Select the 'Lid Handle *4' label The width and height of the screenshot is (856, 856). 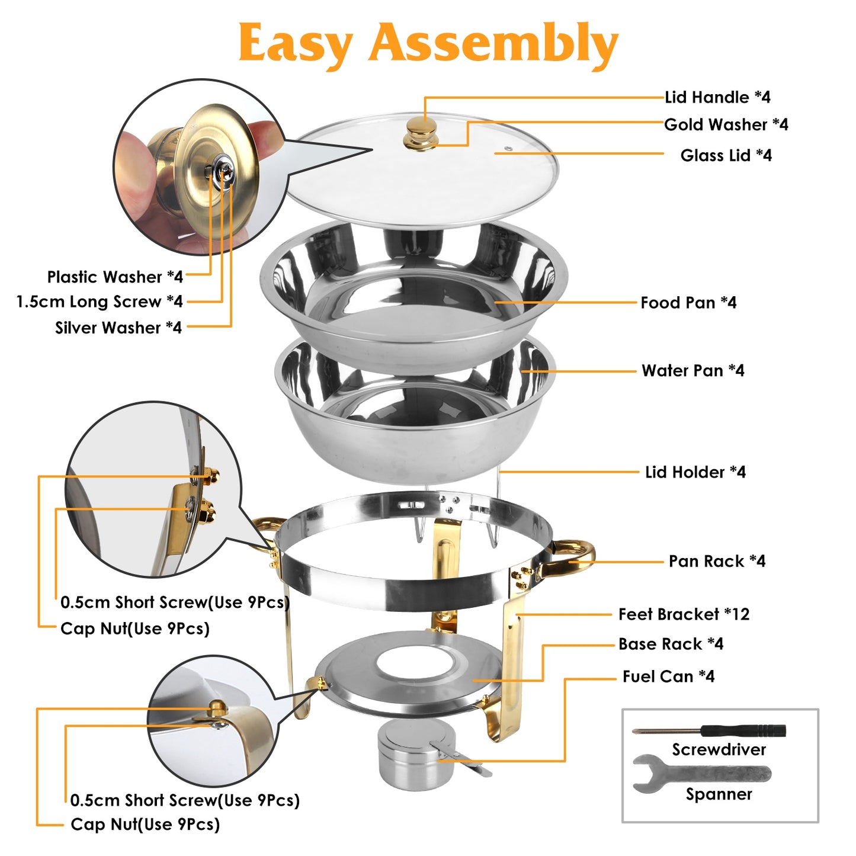717,97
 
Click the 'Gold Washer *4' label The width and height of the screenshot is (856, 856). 726,124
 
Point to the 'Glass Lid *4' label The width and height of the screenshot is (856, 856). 726,155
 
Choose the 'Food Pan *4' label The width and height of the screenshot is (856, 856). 688,303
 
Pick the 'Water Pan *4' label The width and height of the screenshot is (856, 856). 693,371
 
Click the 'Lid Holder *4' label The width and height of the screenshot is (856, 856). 695,472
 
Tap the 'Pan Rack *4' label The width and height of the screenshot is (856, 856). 717,561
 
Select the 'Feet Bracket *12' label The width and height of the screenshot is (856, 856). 684,614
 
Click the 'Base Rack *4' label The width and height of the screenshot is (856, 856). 671,644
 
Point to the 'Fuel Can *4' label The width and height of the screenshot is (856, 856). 668,677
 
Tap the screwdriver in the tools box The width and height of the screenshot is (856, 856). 710,730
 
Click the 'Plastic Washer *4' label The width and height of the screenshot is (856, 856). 115,277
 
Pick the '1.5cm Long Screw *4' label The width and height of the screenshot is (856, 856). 100,302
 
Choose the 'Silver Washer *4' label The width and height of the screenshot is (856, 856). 118,328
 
